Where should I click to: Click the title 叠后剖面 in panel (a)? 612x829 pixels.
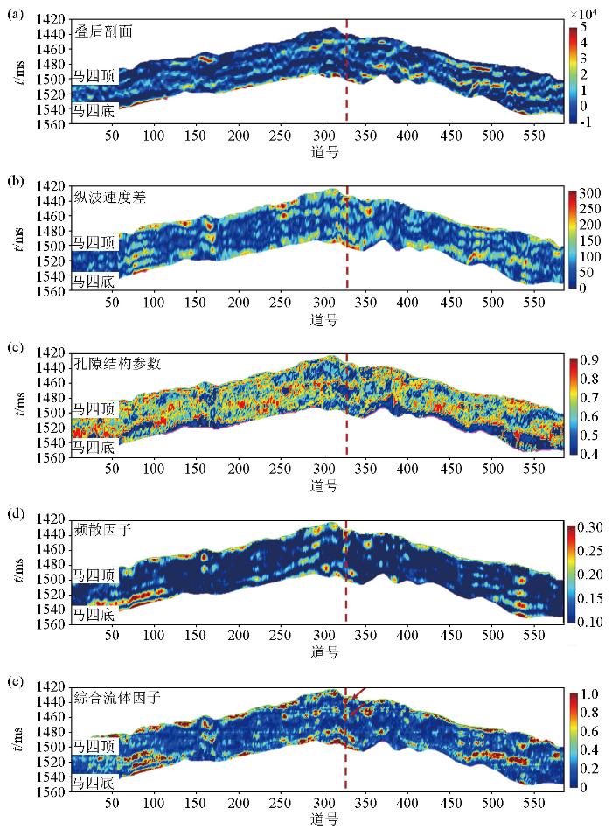tap(108, 31)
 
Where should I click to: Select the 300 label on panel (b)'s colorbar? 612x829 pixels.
tap(590, 192)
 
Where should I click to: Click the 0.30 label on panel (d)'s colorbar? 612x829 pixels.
tap(592, 527)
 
